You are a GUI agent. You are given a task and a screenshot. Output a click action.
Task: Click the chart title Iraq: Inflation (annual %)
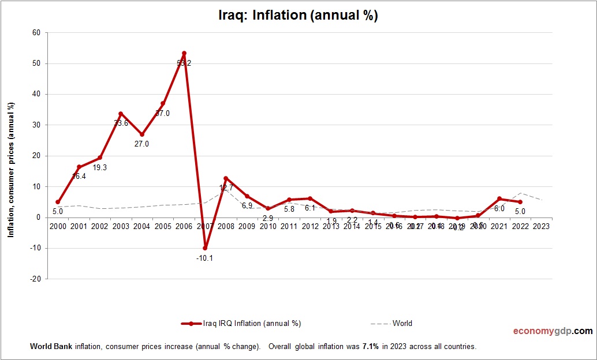point(298,16)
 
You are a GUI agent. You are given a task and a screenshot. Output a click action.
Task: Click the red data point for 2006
point(184,54)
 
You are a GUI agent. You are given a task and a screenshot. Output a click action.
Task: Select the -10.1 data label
point(205,258)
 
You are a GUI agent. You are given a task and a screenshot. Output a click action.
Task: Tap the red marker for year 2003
point(121,114)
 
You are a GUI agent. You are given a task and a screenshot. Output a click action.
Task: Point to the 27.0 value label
point(141,144)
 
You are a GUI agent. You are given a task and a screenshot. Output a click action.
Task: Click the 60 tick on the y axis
point(36,33)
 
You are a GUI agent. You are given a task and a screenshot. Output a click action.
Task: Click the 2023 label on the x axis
point(542,226)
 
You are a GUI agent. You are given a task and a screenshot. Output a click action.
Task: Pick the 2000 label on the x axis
point(58,226)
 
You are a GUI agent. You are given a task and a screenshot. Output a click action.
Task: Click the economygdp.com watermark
point(553,331)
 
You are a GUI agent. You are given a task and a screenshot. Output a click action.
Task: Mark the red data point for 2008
point(226,178)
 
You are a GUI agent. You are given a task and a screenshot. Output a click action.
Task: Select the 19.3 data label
point(100,167)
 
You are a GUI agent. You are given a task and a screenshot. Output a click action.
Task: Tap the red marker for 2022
point(520,202)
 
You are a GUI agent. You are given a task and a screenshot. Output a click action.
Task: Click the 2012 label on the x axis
point(310,226)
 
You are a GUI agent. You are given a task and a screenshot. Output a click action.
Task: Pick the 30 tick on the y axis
point(36,125)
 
